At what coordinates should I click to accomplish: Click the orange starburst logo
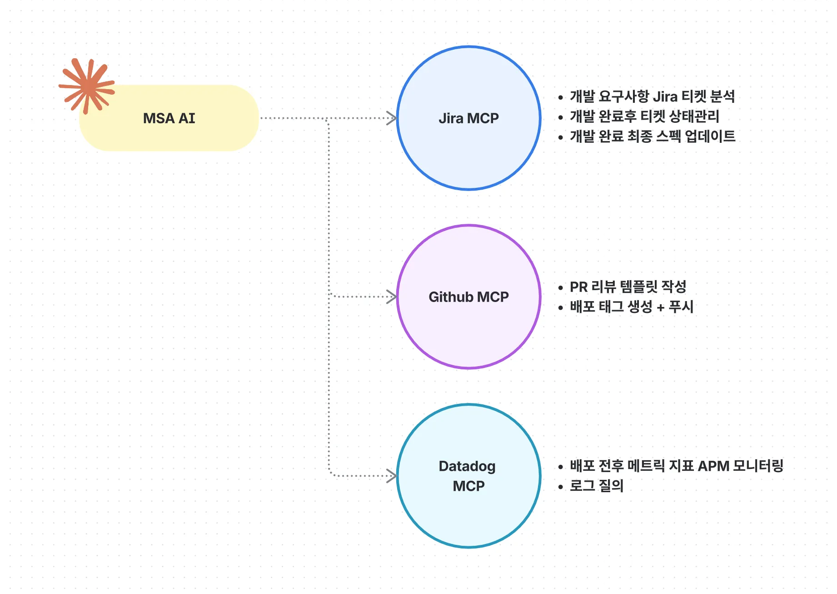[86, 86]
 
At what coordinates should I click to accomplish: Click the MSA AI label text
[169, 118]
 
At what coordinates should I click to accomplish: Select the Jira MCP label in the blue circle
[468, 118]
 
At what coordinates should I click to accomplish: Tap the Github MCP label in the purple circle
[468, 297]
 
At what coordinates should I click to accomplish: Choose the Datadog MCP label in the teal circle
[468, 476]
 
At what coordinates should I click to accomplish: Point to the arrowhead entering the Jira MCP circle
[392, 118]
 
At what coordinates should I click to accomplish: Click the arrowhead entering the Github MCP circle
[392, 297]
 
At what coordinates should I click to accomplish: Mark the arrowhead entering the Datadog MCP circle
[392, 476]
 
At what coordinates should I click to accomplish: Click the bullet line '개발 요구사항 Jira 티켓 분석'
[652, 96]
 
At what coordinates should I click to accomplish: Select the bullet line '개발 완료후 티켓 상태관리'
[644, 116]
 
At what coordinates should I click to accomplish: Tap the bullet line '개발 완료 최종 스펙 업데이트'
[652, 136]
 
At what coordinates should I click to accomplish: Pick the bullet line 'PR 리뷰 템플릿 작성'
[628, 287]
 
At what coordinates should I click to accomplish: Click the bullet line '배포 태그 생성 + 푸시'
[632, 307]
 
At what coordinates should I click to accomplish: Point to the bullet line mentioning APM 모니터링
[676, 466]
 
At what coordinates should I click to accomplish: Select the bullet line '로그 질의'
[596, 486]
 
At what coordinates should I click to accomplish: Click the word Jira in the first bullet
[665, 96]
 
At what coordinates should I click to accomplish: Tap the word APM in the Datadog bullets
[713, 466]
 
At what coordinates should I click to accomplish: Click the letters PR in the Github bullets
[579, 287]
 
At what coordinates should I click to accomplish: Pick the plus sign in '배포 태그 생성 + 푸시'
[661, 308]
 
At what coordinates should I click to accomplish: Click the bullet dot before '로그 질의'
[561, 487]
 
